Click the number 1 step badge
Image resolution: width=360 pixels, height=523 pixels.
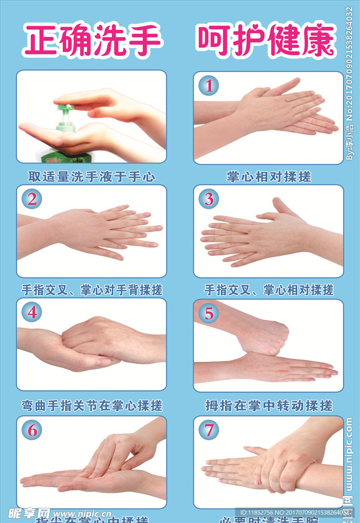(x=209, y=85)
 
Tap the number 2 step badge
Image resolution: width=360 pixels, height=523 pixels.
(x=32, y=199)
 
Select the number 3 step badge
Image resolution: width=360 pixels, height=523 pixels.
(x=209, y=199)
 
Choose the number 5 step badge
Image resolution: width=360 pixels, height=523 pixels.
(x=209, y=313)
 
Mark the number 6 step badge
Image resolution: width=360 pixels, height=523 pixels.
(x=32, y=430)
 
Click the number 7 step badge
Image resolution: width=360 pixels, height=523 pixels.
(x=209, y=430)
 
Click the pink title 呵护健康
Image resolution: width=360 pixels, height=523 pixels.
(x=266, y=41)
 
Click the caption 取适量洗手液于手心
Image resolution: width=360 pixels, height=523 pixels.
(x=92, y=176)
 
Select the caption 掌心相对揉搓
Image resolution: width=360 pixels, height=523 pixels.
(x=268, y=176)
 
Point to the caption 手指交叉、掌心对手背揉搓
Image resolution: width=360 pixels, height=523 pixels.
(x=92, y=290)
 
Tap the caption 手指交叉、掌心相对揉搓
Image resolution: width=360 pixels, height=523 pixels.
(x=268, y=290)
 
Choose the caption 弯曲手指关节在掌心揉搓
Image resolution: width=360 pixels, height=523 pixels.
(x=92, y=406)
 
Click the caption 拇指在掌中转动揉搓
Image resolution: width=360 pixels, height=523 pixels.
(x=268, y=406)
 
